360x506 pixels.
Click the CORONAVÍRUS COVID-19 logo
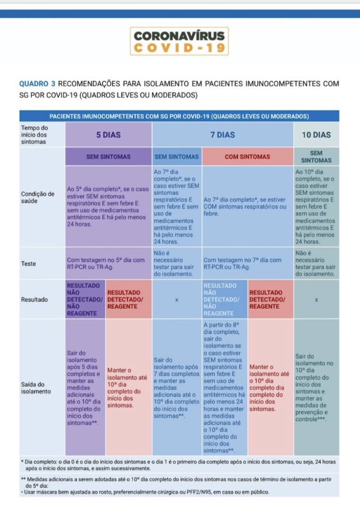180,41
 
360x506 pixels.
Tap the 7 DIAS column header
222,135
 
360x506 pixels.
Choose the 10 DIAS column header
316,135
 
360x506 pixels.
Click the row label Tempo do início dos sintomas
35,135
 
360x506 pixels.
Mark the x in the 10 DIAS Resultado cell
316,300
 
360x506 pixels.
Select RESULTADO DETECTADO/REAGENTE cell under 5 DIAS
129,300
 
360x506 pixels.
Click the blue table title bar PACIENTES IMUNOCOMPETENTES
179,116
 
